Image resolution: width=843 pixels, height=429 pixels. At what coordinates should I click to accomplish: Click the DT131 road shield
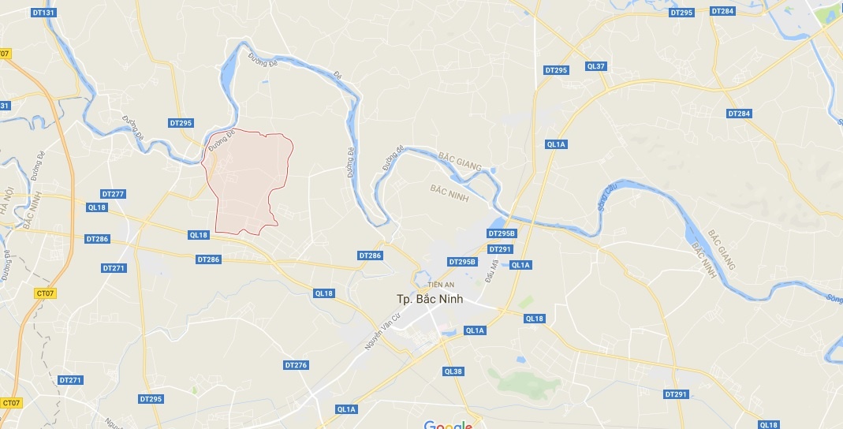pyautogui.click(x=45, y=13)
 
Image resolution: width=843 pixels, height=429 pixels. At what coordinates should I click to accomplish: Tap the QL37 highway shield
pyautogui.click(x=595, y=66)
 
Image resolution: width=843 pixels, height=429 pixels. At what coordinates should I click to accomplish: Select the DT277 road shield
pyautogui.click(x=114, y=194)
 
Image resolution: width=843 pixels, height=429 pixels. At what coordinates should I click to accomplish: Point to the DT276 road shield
pyautogui.click(x=296, y=365)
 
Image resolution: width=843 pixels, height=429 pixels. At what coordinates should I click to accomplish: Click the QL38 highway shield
pyautogui.click(x=453, y=371)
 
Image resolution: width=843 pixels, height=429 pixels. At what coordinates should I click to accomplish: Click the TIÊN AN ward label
pyautogui.click(x=440, y=285)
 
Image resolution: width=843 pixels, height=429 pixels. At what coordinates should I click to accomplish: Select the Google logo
pyautogui.click(x=448, y=425)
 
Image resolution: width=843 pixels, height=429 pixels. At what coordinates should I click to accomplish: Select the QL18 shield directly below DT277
pyautogui.click(x=96, y=207)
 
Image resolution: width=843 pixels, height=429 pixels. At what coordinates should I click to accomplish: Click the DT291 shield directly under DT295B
pyautogui.click(x=499, y=249)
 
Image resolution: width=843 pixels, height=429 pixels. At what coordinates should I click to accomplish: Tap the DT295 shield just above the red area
pyautogui.click(x=181, y=123)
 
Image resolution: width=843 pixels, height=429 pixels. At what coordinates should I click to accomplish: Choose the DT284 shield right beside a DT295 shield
pyautogui.click(x=722, y=11)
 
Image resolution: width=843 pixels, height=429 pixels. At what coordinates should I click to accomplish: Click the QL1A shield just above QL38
pyautogui.click(x=475, y=330)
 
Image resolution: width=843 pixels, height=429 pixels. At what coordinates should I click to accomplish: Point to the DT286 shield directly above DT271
pyautogui.click(x=97, y=238)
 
